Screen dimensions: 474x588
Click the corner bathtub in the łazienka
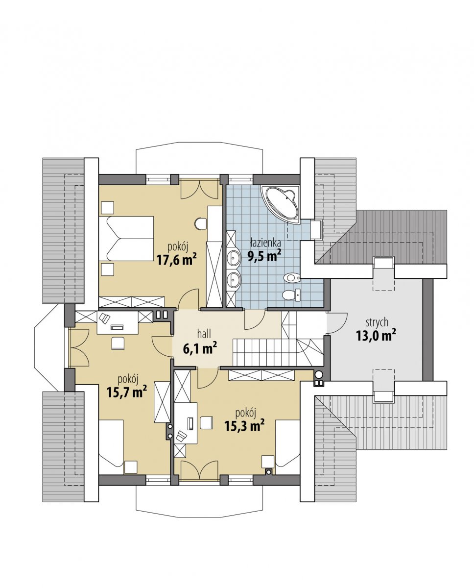[x=281, y=203]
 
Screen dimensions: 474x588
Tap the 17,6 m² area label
[x=177, y=260]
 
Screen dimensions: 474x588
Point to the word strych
[x=377, y=322]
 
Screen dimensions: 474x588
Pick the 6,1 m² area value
[x=200, y=348]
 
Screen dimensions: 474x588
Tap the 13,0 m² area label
[x=376, y=336]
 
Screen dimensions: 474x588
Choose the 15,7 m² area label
[x=127, y=392]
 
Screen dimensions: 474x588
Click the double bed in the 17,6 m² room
[x=126, y=239]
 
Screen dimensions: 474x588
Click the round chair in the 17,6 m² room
[x=200, y=224]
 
